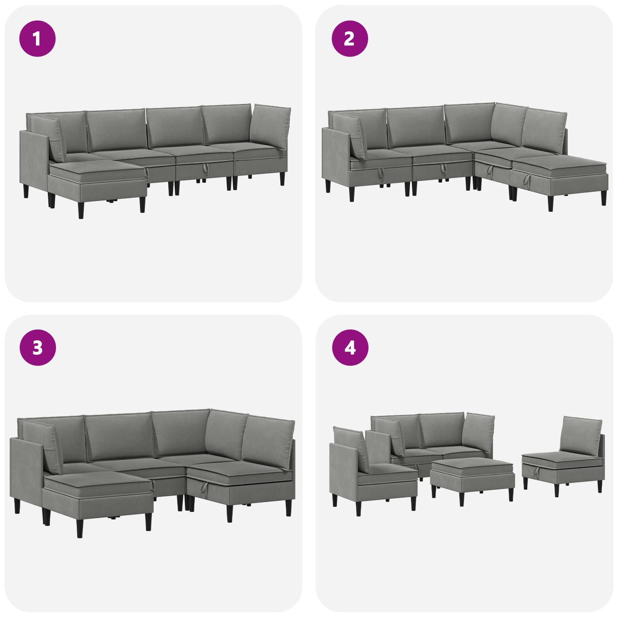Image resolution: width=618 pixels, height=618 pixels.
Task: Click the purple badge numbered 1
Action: tap(37, 39)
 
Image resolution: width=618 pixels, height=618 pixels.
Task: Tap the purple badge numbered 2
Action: tap(350, 39)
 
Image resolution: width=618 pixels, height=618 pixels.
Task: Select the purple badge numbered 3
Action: tap(37, 348)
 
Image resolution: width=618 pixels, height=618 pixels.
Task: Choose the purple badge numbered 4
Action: tap(350, 348)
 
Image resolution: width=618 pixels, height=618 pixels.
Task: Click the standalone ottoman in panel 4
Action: tap(472, 477)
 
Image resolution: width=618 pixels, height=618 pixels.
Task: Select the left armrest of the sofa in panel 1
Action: tap(34, 162)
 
